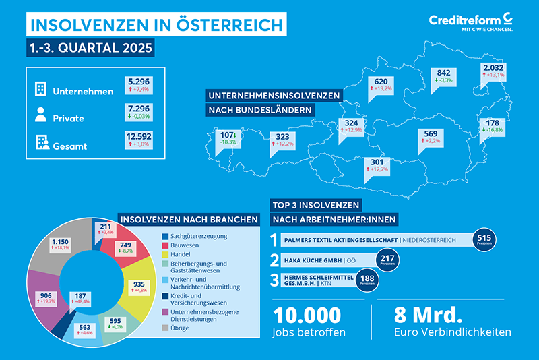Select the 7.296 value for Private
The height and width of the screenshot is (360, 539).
pyautogui.click(x=140, y=111)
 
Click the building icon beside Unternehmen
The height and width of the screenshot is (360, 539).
pyautogui.click(x=40, y=88)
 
